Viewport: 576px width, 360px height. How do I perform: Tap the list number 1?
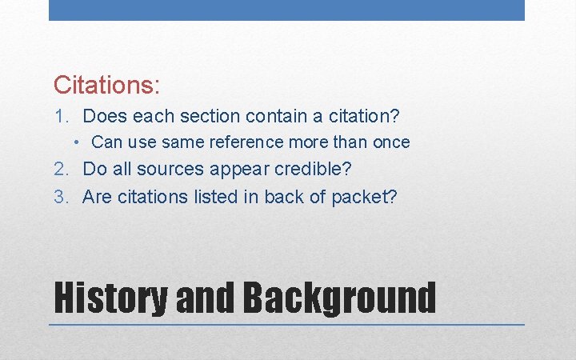pyautogui.click(x=61, y=117)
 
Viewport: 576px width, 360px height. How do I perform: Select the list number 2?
pyautogui.click(x=61, y=170)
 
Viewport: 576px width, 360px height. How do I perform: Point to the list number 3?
pyautogui.click(x=61, y=197)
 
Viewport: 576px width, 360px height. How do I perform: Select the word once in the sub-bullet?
pyautogui.click(x=390, y=142)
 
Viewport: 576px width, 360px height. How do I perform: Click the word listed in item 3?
pyautogui.click(x=220, y=197)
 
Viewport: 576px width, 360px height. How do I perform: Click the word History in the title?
pyautogui.click(x=110, y=298)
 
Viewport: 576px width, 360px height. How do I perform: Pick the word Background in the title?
pyautogui.click(x=339, y=298)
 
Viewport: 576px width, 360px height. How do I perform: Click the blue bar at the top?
pyautogui.click(x=286, y=10)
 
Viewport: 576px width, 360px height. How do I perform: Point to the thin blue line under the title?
pyautogui.click(x=286, y=325)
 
